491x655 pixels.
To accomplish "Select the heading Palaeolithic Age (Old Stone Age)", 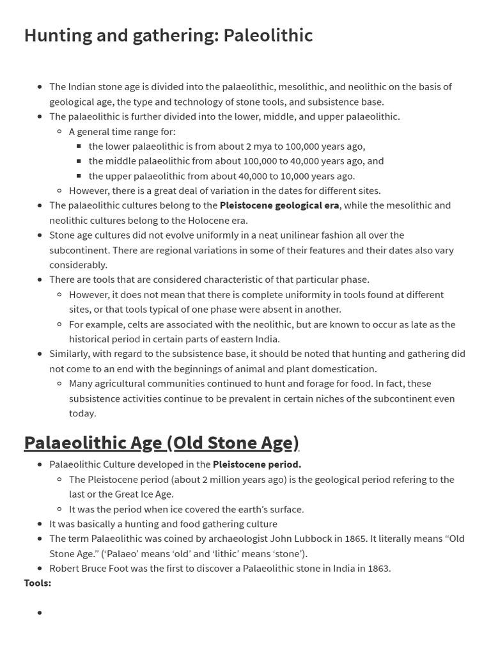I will point(161,443).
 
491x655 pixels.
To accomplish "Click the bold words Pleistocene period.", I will point(257,464).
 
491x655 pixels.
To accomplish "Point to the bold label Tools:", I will point(38,583).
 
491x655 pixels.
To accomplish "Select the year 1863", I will point(378,568).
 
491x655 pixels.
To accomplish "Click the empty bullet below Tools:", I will point(40,613).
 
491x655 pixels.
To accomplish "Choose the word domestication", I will point(345,368).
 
